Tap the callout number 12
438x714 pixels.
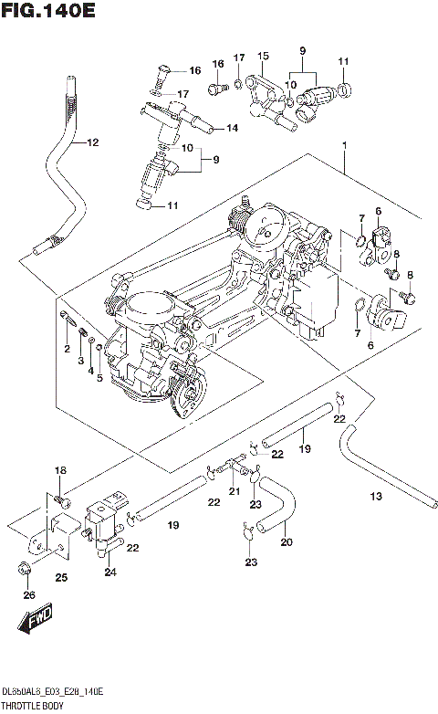(92, 142)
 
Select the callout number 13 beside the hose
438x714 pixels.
(376, 496)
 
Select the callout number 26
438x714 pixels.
(28, 595)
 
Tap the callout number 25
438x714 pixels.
(60, 576)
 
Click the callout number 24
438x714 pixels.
(110, 572)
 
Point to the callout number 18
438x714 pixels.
(60, 470)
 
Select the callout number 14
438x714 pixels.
(232, 128)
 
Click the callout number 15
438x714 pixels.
(263, 56)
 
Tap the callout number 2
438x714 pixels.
(67, 350)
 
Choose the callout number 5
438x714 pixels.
(99, 377)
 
